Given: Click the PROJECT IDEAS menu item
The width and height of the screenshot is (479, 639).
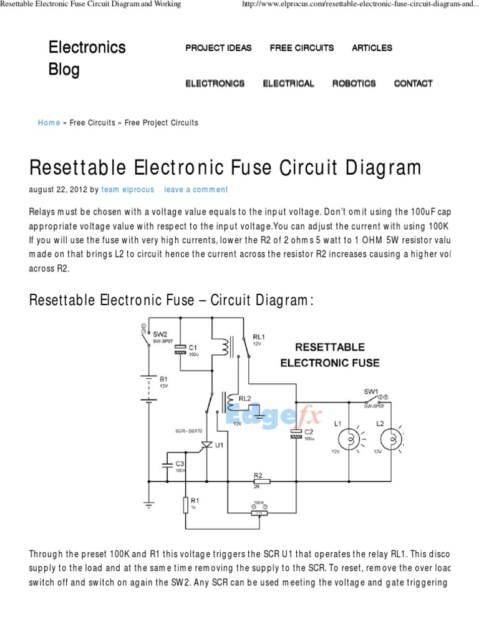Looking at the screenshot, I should point(218,48).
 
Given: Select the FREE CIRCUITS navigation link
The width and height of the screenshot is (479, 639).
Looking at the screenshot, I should point(302,48).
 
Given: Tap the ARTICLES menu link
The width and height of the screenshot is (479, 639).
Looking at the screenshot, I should point(372,48).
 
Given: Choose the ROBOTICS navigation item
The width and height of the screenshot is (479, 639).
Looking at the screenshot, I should point(354,84).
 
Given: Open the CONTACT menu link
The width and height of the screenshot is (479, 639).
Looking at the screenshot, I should point(413,84).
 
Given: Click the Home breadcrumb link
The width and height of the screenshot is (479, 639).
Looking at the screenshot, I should point(49,123).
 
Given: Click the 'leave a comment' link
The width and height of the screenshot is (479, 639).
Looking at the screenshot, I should point(196,190).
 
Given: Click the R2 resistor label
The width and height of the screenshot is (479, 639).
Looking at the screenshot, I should point(258,475).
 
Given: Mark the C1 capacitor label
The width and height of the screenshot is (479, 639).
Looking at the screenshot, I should point(193,347).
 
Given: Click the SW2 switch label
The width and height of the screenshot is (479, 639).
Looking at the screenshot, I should point(159,334).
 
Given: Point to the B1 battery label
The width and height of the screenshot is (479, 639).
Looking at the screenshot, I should point(163,379).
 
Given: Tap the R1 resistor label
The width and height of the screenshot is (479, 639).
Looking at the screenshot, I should point(195,500).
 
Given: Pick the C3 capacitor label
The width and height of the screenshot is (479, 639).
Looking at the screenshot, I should point(179,463).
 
